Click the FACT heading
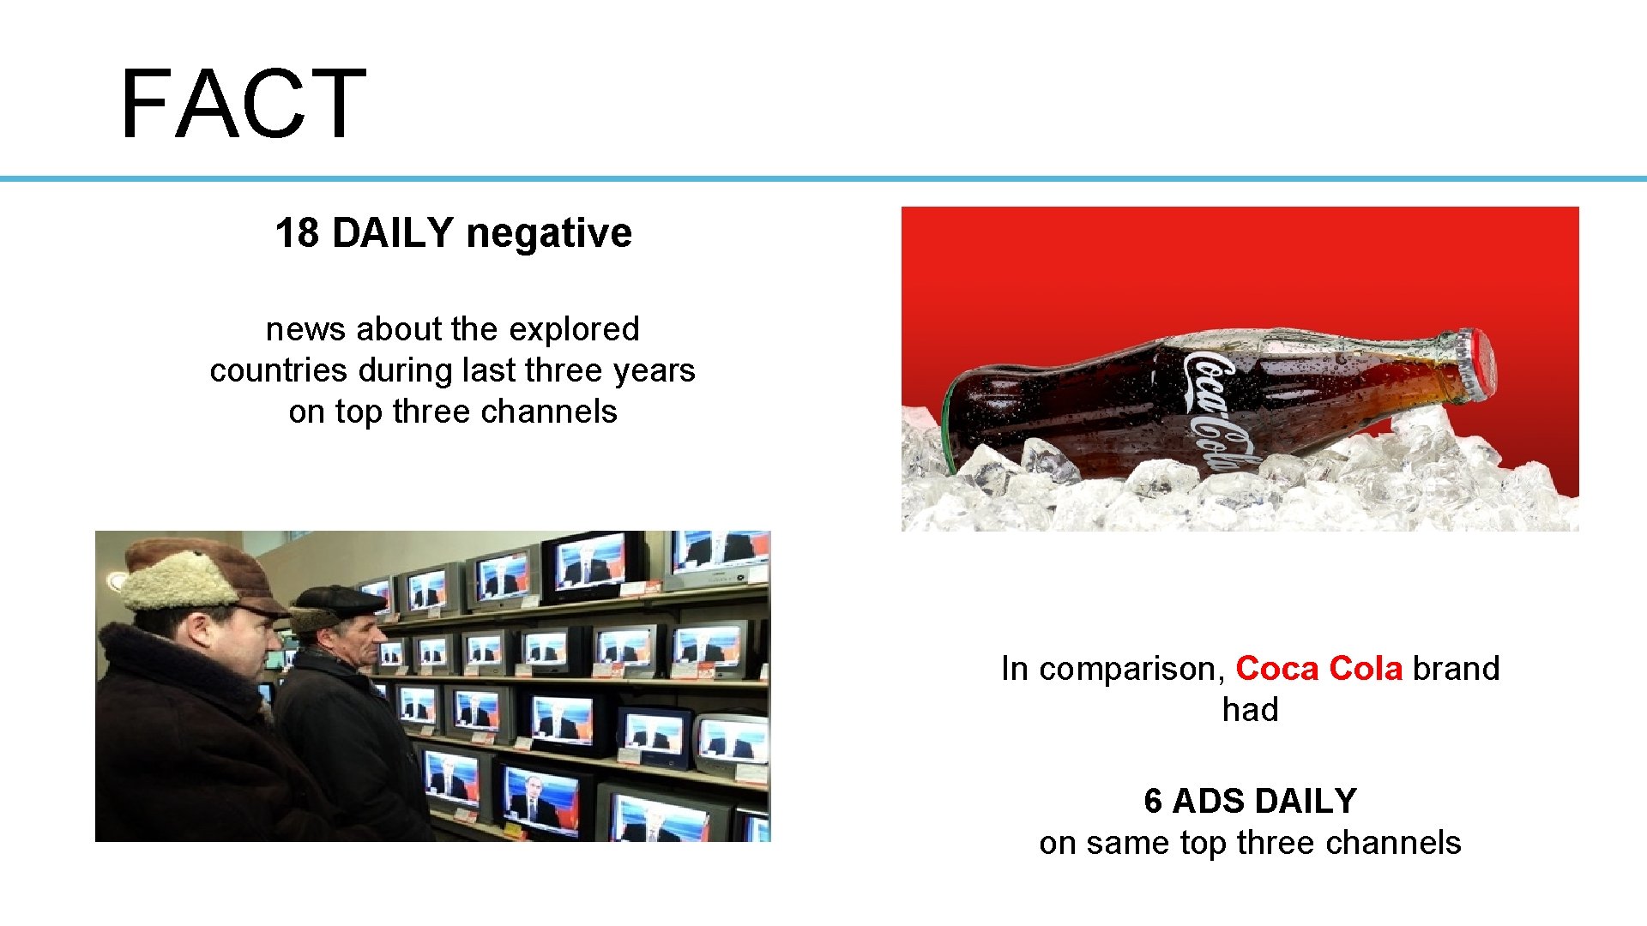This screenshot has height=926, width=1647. (244, 105)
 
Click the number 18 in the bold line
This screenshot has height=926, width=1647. (297, 233)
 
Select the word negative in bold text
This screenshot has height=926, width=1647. (549, 233)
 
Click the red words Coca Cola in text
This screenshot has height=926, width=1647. (1318, 669)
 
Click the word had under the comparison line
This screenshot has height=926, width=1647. (1250, 710)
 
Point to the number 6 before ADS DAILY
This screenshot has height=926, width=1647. (1153, 802)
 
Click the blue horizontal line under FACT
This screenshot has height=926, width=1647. (823, 178)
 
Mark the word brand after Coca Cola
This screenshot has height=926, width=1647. (1456, 669)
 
